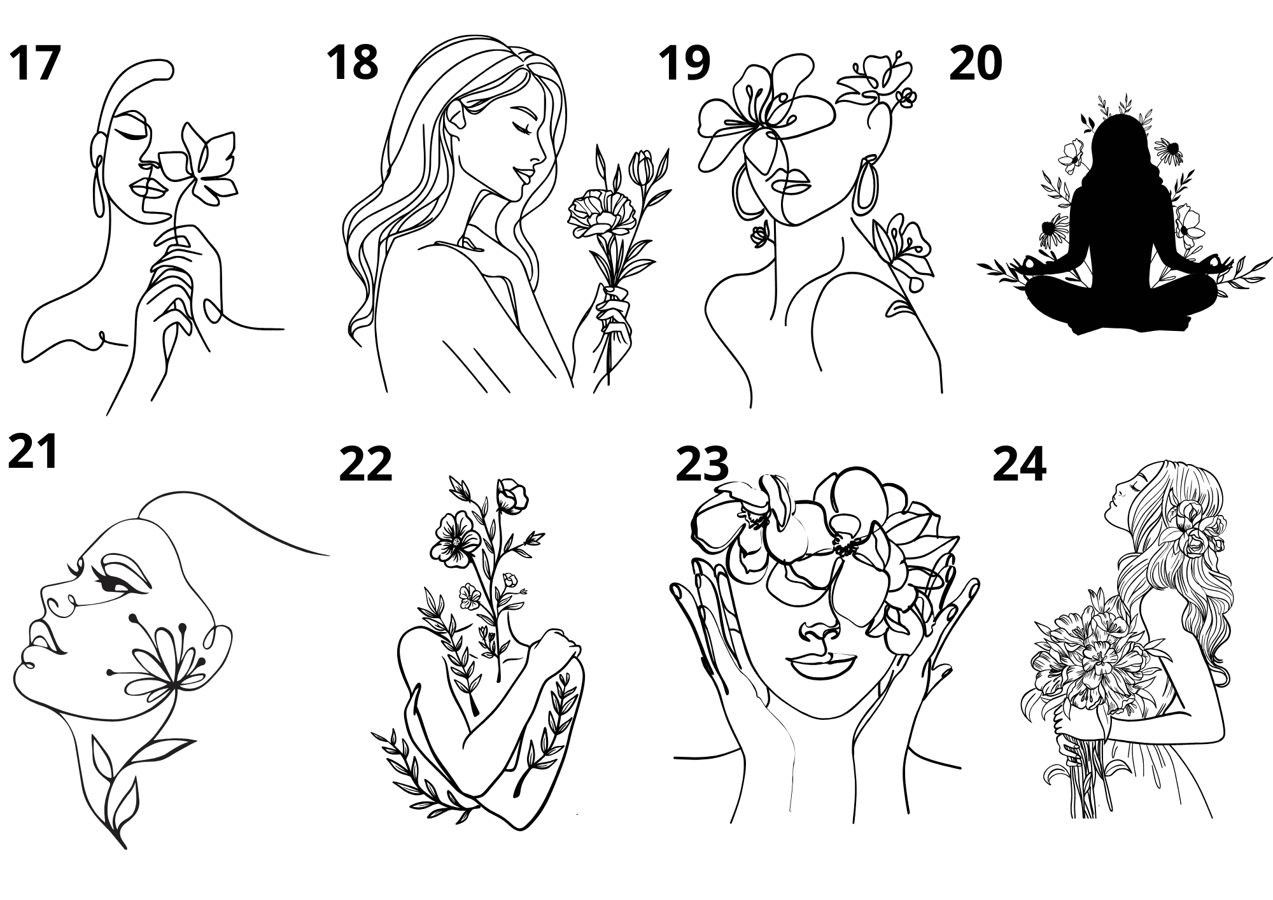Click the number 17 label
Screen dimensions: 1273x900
[35, 64]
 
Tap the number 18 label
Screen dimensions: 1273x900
[353, 62]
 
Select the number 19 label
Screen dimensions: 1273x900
[684, 64]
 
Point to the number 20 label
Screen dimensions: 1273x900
[976, 64]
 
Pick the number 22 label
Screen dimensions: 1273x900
[366, 464]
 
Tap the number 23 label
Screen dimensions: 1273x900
[702, 464]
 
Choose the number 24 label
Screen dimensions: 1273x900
[1019, 464]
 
